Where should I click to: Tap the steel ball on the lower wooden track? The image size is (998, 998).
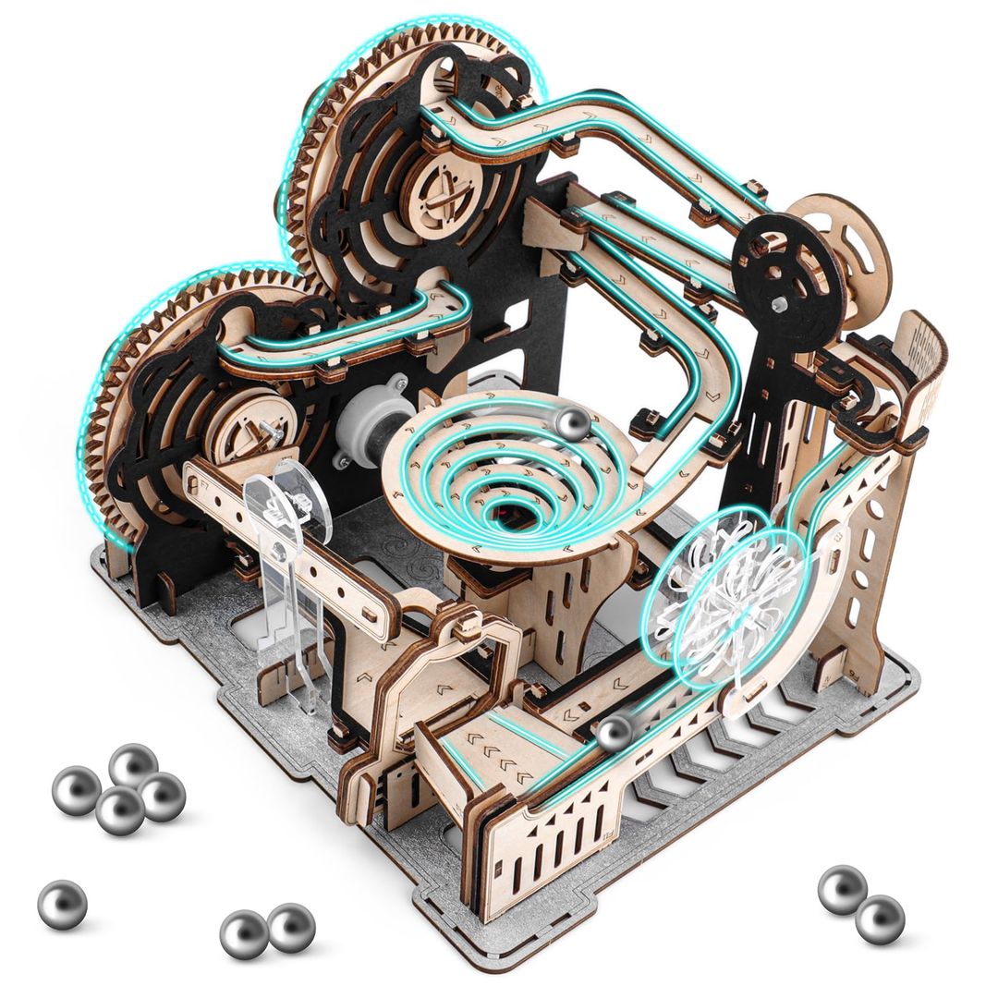click(614, 733)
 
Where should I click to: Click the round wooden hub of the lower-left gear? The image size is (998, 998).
click(243, 428)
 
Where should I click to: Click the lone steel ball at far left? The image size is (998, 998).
click(63, 904)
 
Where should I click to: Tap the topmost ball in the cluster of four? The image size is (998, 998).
click(133, 764)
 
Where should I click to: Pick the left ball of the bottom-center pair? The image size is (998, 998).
click(244, 932)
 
